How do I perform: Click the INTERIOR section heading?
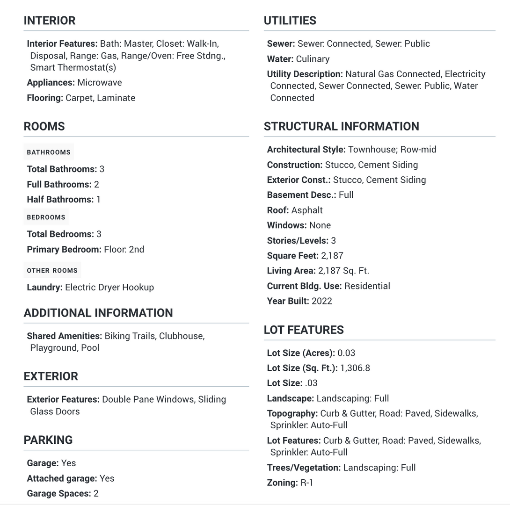coord(49,21)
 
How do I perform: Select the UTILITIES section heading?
coord(290,21)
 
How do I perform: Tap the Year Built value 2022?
coord(321,301)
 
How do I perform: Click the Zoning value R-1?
coord(306,483)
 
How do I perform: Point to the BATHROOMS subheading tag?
coord(49,152)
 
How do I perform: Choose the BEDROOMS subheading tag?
coord(46,217)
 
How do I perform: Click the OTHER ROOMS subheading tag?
coord(52,271)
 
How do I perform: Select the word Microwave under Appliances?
coord(99,83)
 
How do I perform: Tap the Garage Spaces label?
coord(59,494)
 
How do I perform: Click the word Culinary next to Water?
coord(313,59)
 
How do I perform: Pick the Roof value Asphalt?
coord(306,210)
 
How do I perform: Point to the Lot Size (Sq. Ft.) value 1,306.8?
coord(355,368)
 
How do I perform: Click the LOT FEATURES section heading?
coord(303,330)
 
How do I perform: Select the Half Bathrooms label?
coord(60,200)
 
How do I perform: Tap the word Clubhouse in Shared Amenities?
coord(182,336)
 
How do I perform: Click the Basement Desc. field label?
coord(301,195)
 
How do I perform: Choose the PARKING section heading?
coord(48,440)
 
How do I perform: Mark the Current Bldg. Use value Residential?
coord(367,286)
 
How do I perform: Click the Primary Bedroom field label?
coord(64,250)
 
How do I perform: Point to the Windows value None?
coord(320,225)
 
